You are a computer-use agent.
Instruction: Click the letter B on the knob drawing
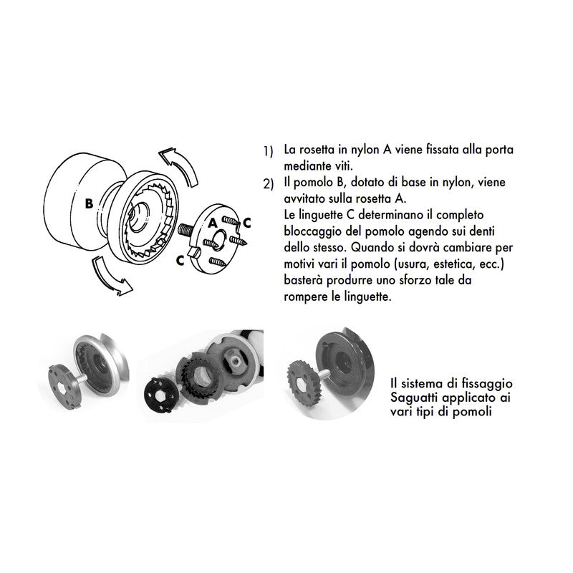click(88, 203)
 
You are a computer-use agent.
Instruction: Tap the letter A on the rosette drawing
click(213, 223)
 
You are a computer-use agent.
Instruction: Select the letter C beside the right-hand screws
click(246, 223)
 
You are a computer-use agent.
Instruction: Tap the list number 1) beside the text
click(268, 152)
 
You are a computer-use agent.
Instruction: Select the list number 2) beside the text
click(268, 184)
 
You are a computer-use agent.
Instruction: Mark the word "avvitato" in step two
click(305, 199)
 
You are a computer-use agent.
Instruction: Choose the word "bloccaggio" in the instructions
click(314, 231)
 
